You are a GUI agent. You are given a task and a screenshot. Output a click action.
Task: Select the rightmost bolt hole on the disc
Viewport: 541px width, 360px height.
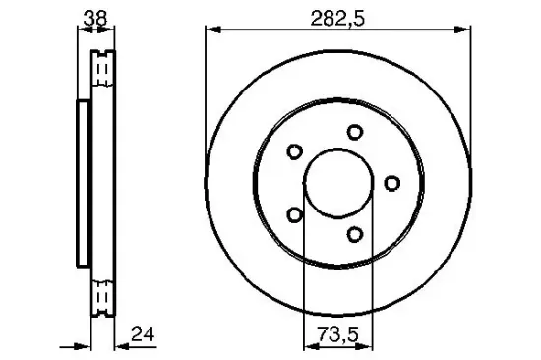point(391,182)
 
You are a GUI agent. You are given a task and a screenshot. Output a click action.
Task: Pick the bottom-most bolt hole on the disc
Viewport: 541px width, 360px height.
point(353,233)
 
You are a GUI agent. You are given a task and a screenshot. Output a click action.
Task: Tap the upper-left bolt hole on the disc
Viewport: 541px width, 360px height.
point(293,151)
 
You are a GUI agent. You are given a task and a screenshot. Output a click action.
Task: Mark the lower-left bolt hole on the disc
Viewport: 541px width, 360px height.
point(293,214)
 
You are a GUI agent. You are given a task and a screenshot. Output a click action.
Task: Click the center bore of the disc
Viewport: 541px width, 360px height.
point(338,183)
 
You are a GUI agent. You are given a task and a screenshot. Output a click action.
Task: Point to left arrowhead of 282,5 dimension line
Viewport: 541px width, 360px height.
point(210,31)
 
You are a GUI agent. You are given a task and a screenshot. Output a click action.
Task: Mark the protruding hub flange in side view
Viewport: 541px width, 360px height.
point(81,182)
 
